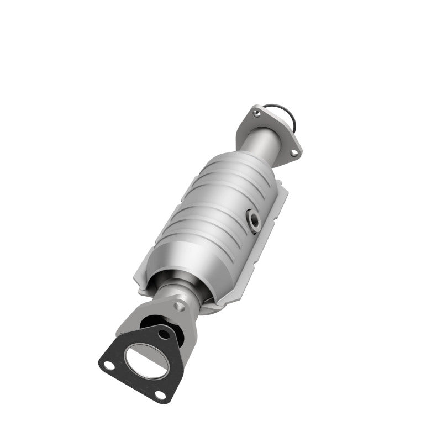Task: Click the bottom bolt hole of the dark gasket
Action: coord(160,394)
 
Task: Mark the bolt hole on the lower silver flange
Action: coord(177,306)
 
